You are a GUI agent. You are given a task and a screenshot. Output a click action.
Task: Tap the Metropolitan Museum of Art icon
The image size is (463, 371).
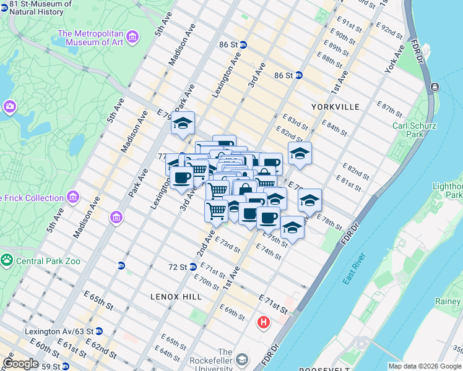click(x=132, y=38)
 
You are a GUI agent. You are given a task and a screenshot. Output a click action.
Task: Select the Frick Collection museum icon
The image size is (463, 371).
click(x=73, y=197)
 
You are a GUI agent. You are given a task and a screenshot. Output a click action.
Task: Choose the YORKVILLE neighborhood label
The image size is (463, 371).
click(x=336, y=107)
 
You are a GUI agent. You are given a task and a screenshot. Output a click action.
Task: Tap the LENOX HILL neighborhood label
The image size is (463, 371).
click(x=176, y=297)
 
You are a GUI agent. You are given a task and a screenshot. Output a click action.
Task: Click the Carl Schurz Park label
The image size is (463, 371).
click(x=415, y=130)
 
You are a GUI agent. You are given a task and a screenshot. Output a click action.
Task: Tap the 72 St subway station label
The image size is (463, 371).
click(x=178, y=267)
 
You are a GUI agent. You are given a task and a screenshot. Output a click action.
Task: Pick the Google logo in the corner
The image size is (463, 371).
click(x=20, y=364)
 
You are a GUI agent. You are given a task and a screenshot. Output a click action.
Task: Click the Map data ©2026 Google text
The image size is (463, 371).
click(x=424, y=366)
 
